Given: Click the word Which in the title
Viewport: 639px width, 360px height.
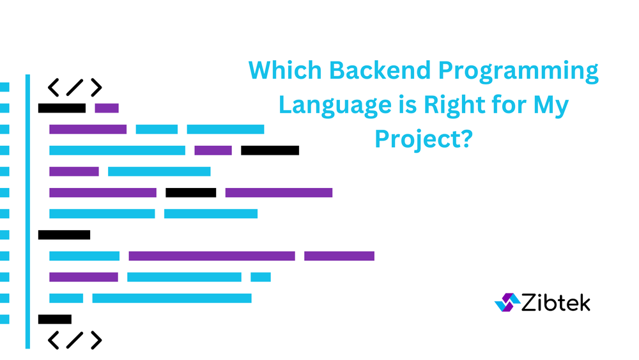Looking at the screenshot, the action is point(285,70).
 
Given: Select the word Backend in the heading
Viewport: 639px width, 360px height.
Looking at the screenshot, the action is point(380,70).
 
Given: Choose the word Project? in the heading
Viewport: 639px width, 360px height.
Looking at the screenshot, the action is point(424,141).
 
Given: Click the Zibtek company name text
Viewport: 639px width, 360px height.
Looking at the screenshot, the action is point(556,303).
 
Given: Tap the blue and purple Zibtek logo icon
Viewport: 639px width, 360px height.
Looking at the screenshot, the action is point(507,302).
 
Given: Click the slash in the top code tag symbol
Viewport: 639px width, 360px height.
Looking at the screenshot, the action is point(75,87).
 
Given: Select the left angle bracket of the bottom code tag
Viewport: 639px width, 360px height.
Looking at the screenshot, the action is point(54,340).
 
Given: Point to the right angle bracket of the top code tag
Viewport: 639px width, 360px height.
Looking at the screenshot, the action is point(96,87).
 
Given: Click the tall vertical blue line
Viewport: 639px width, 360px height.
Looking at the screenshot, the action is point(27,211).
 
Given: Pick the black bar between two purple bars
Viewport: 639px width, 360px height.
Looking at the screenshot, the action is point(190,192).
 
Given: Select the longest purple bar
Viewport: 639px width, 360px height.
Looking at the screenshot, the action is point(212,256).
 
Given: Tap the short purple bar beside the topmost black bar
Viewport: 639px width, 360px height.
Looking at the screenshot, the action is point(107,108).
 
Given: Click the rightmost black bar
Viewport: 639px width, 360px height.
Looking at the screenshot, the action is point(270,150).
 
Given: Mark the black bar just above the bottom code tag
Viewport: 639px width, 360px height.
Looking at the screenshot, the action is point(55,319).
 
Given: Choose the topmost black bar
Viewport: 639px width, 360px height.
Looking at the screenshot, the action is point(62,108).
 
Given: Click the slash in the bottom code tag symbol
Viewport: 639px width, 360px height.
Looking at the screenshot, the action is point(75,340).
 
